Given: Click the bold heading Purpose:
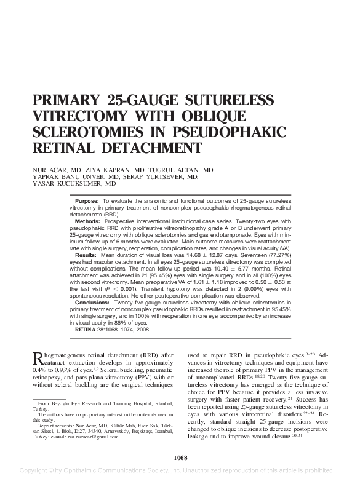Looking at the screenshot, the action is (x=87, y=202).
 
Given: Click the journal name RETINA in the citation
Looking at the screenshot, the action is (x=86, y=330).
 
